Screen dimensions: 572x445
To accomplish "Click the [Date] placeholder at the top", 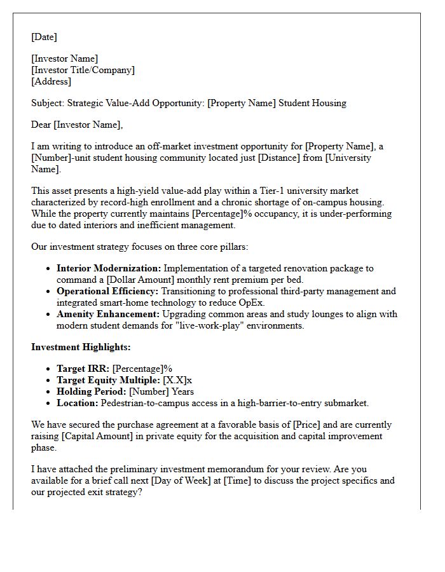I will tap(44, 37).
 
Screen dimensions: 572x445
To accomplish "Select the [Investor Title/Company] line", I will tap(83, 70).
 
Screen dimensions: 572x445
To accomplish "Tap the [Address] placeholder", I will tap(51, 81).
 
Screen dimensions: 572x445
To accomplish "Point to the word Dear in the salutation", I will tap(41, 125).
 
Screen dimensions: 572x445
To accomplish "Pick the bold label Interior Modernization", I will tap(109, 268).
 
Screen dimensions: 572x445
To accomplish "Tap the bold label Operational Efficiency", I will tap(107, 291).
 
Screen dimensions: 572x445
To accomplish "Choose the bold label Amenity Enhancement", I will tap(108, 314).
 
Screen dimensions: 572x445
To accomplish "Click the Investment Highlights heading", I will tap(81, 347).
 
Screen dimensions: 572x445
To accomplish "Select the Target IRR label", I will tap(82, 369).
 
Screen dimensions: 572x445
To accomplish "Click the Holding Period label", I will tap(92, 392).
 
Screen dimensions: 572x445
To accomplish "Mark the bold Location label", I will tap(77, 403).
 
